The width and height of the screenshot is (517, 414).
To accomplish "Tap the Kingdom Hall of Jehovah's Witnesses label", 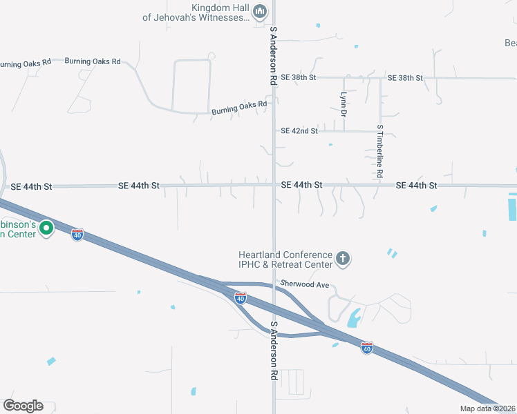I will point(196,12).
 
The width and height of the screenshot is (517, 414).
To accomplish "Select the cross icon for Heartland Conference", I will point(342,259).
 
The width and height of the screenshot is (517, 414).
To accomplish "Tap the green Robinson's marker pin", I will point(46,227).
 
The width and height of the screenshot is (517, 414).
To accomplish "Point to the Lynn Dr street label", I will point(344,104).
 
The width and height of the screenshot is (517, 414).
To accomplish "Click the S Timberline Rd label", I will point(380,152).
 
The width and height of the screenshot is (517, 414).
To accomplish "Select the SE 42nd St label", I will point(299,130).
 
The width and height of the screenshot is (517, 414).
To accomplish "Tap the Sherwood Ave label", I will point(304,284).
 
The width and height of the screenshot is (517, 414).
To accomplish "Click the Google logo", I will point(23,406).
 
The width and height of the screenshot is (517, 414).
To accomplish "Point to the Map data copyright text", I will point(487,408).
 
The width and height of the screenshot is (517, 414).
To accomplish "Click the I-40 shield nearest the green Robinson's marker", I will point(77,235).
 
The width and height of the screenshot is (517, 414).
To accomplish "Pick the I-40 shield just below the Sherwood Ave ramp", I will point(240,298).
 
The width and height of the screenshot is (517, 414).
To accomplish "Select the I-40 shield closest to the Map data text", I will point(367,348).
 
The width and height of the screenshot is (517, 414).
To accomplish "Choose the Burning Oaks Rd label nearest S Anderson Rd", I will point(239,108).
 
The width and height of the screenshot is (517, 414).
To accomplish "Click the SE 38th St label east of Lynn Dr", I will point(405,78).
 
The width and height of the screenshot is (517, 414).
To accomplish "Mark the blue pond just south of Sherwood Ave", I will point(354,317).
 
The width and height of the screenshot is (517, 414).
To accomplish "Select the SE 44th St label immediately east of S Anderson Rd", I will point(302,185).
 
